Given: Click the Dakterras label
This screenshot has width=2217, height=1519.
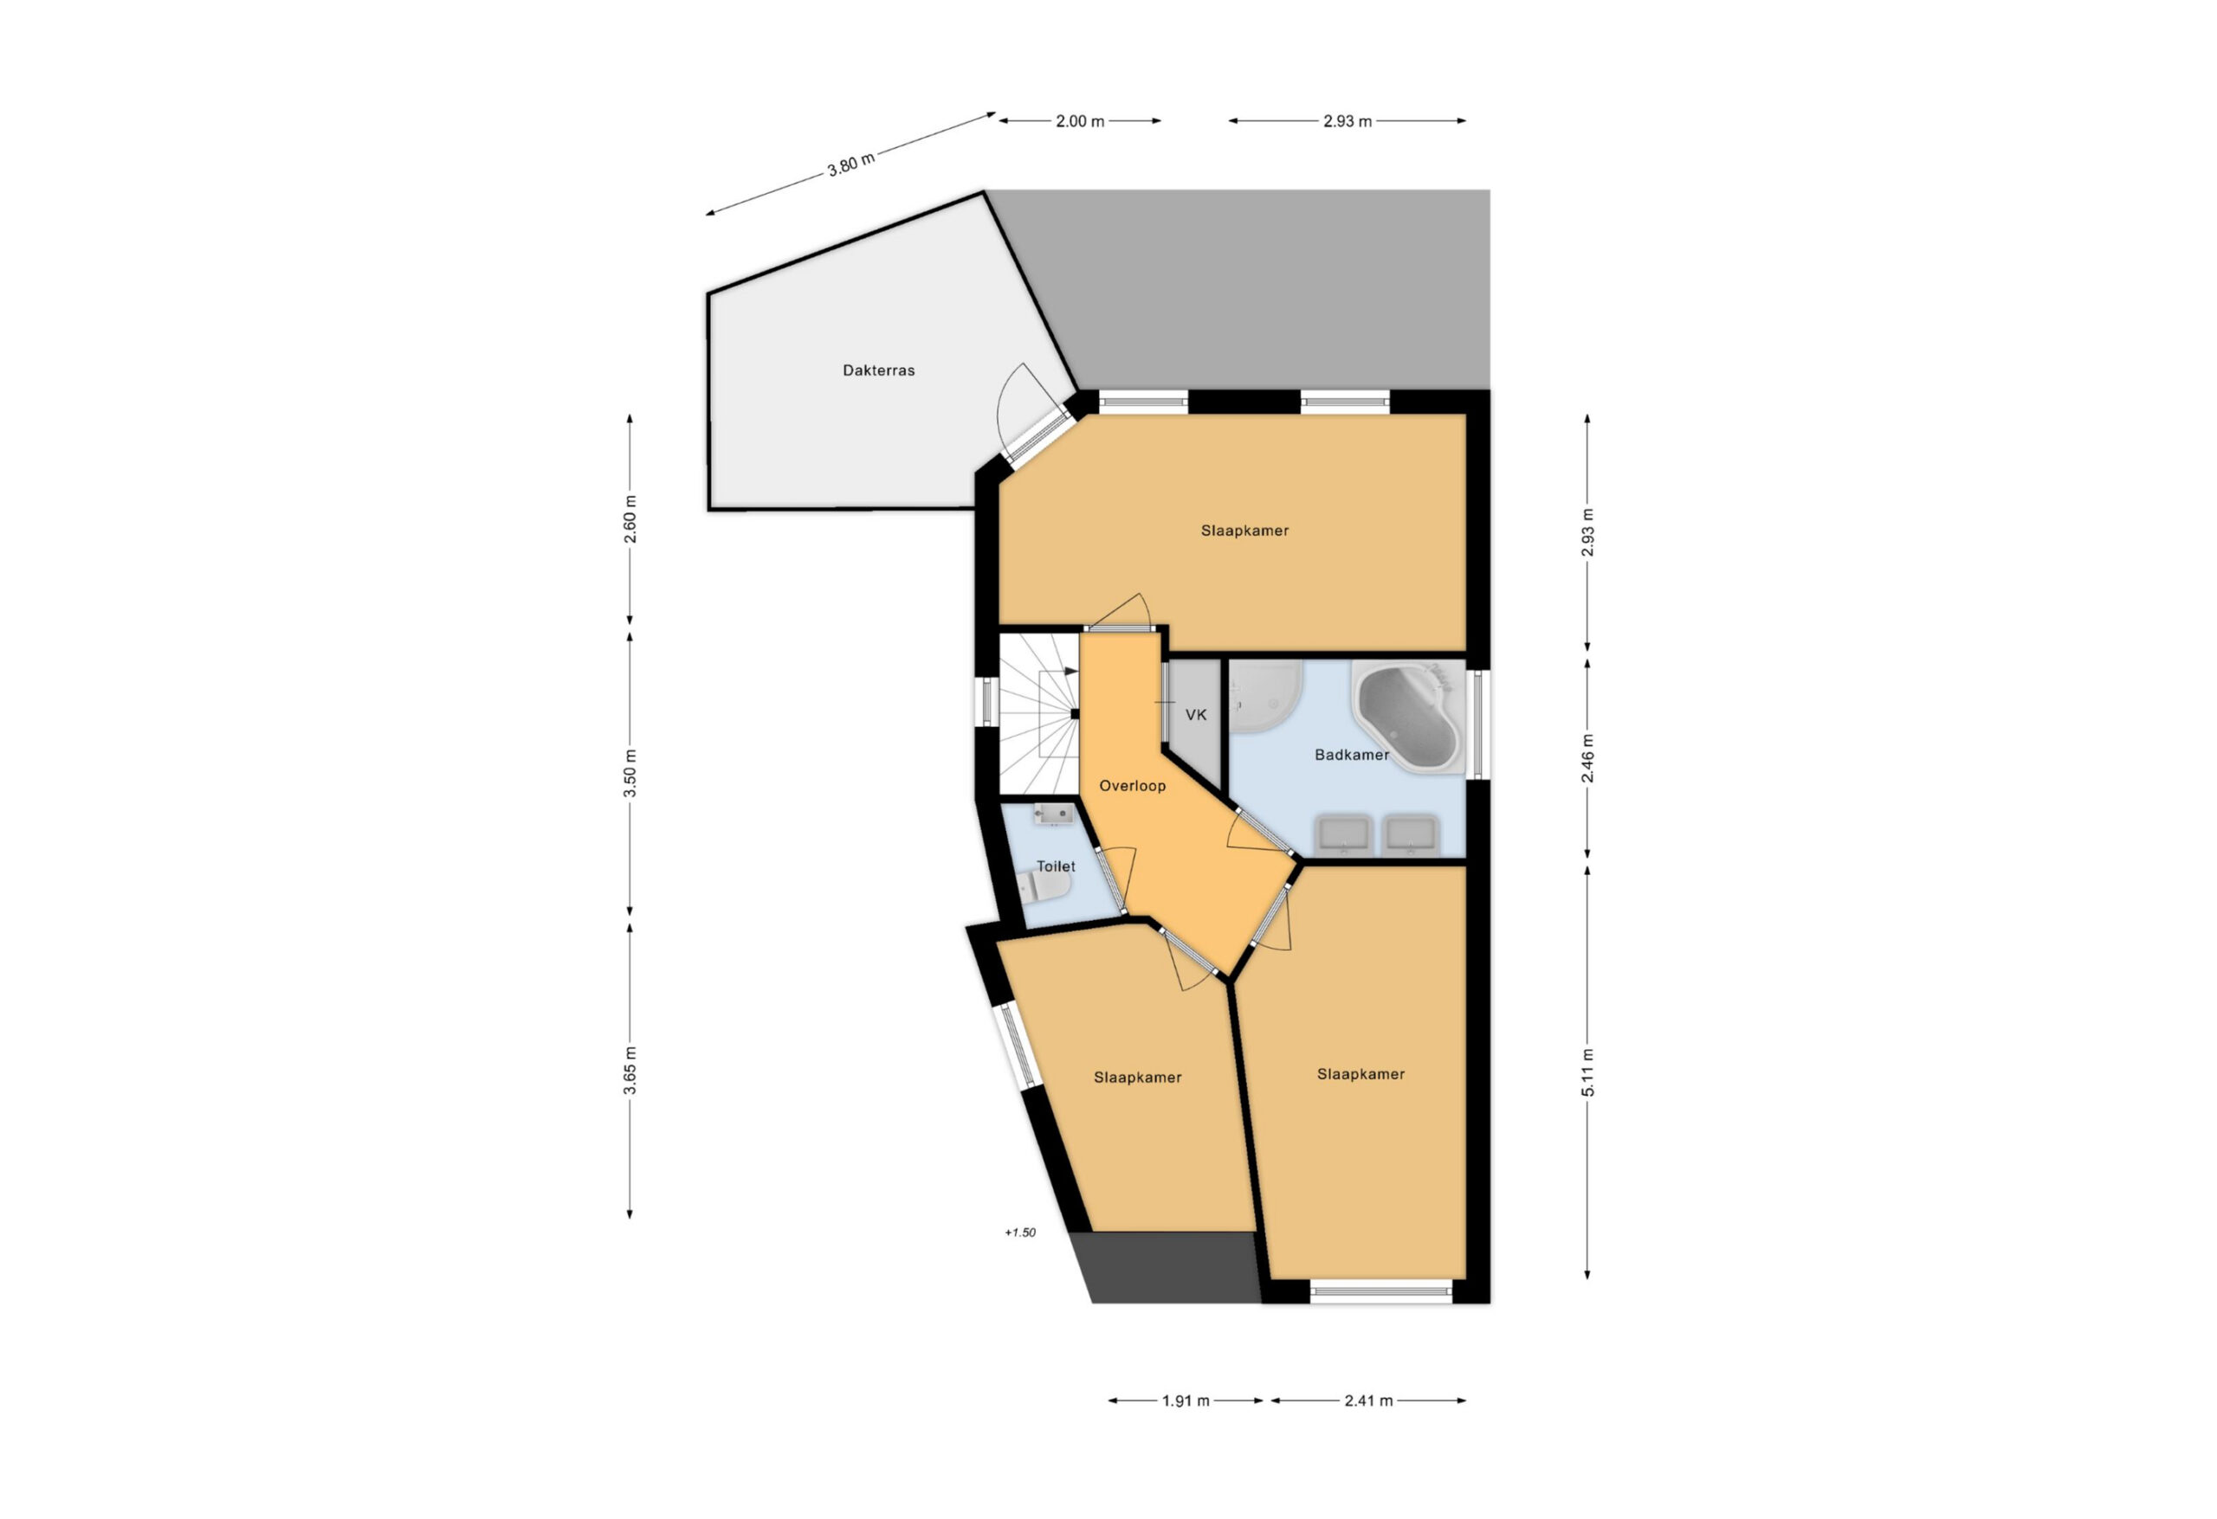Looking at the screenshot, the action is click(879, 370).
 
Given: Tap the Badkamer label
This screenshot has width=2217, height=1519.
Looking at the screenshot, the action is click(1351, 754).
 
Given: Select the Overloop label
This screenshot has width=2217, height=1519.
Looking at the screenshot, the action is click(1133, 786).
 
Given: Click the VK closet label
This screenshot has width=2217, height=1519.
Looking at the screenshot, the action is click(1196, 714).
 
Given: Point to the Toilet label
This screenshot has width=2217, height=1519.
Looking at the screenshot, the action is click(1056, 866).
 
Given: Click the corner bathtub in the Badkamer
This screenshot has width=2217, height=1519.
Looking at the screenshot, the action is click(1408, 717).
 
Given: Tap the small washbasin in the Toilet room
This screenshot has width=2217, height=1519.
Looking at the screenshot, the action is click(1054, 814).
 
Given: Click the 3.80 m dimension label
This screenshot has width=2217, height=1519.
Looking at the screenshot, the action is click(851, 164).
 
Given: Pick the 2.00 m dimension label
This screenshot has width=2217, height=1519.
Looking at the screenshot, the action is click(1080, 121).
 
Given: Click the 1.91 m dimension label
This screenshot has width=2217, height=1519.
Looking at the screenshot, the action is click(1186, 1400).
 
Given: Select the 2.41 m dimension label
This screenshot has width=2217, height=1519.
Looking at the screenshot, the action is click(1369, 1400).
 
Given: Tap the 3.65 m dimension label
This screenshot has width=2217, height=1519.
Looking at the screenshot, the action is click(630, 1071).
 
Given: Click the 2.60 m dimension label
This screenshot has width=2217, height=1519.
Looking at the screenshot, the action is click(630, 519).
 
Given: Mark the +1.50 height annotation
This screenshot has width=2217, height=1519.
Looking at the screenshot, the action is click(1020, 1232).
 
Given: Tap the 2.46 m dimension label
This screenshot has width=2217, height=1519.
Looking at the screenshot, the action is click(1588, 758).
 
